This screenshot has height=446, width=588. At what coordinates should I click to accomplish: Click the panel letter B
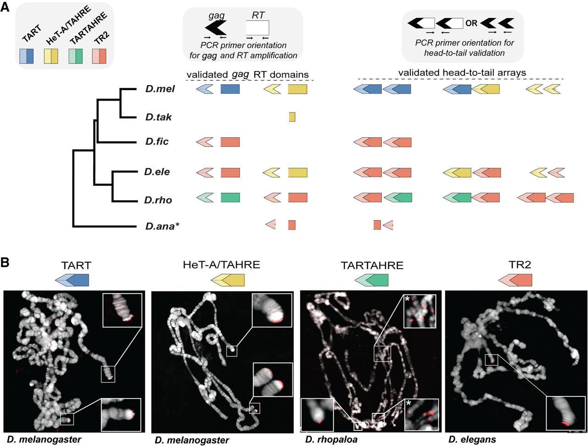point(5,262)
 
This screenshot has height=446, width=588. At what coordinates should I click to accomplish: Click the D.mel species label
point(160,89)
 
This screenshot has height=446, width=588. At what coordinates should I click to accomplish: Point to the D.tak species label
point(158,117)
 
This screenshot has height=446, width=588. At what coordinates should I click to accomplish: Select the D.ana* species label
point(160,226)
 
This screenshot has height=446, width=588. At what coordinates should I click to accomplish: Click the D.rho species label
point(158,200)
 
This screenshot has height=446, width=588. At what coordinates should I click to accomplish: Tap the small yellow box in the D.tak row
point(292,117)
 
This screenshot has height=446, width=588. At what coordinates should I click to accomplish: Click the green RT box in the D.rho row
point(230,198)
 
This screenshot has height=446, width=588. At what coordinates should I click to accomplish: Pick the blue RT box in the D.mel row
point(230,89)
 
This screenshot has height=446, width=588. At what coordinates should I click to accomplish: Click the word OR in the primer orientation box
point(471,23)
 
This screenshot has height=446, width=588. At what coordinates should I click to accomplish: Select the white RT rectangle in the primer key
point(257,28)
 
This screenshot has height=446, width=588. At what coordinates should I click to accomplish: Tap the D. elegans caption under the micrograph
point(472,440)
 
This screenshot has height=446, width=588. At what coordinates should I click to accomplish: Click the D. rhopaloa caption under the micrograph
point(331,440)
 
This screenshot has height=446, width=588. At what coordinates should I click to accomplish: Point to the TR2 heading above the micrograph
point(520,265)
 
